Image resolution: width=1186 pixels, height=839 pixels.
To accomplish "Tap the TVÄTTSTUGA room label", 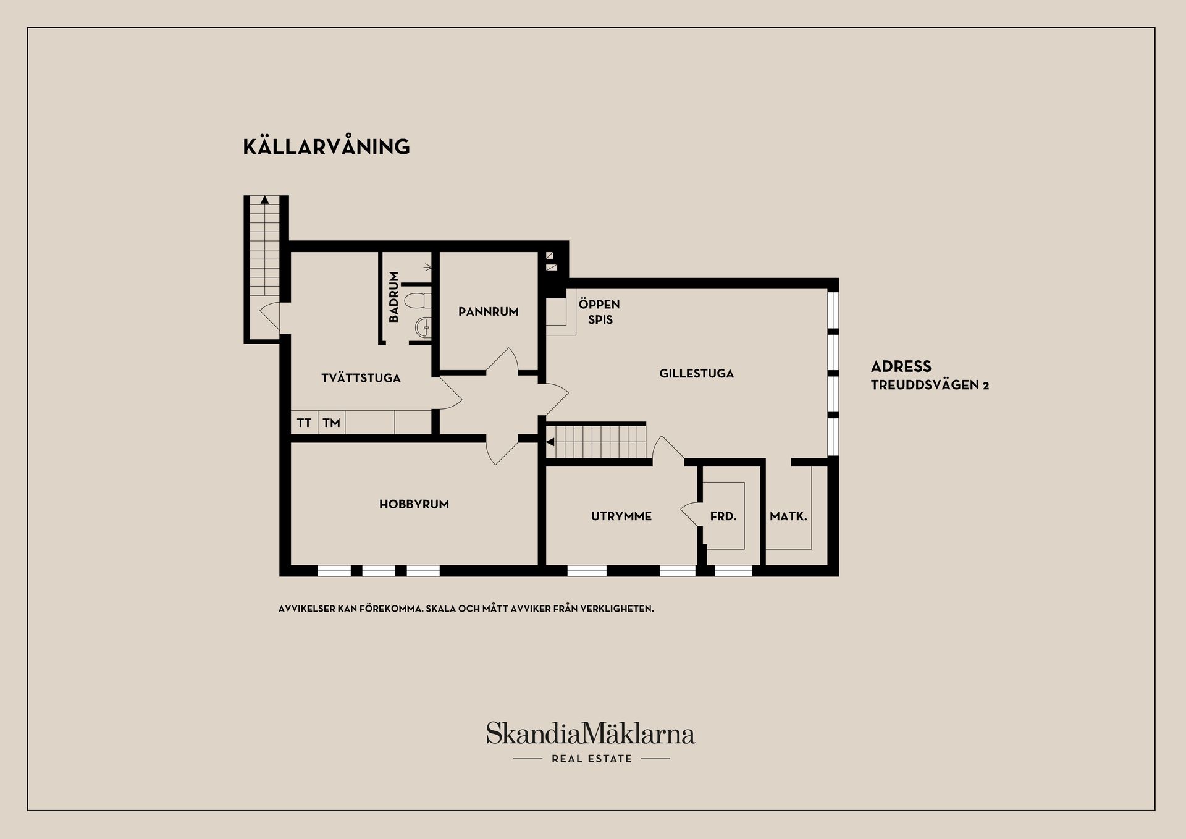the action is (x=361, y=377).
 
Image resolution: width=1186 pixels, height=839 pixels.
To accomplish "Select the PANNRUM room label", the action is (x=488, y=311).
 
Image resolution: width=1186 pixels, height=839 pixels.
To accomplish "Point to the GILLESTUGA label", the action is (x=696, y=373).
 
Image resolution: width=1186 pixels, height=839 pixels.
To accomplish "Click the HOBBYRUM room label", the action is (x=414, y=504).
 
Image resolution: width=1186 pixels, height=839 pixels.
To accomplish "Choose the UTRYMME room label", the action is (x=621, y=516).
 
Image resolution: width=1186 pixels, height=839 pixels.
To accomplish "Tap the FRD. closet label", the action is (x=723, y=516).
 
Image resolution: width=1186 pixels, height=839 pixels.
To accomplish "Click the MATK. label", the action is (x=788, y=516).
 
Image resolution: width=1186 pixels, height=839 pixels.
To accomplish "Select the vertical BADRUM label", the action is (x=393, y=297).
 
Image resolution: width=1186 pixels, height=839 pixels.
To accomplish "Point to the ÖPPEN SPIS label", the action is (x=599, y=312).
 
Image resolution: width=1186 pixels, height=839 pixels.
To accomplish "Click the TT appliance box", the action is (x=304, y=423).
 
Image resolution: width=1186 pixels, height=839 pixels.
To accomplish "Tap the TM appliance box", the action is (x=332, y=423).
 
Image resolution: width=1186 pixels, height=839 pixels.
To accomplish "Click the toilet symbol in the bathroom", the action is (x=418, y=301).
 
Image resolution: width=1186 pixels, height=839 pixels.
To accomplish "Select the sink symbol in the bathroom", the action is (x=423, y=326).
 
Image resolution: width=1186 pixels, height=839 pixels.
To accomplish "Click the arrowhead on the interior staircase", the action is (x=550, y=442).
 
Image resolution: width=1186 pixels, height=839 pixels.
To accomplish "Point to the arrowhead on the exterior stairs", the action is (x=264, y=200).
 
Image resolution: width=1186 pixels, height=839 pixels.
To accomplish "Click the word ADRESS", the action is (x=901, y=366).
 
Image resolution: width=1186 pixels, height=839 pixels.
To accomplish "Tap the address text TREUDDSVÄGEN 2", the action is (x=930, y=385).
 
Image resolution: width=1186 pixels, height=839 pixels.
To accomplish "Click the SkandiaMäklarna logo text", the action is (x=591, y=733).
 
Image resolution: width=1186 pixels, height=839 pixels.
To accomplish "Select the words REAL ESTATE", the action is (x=592, y=759).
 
